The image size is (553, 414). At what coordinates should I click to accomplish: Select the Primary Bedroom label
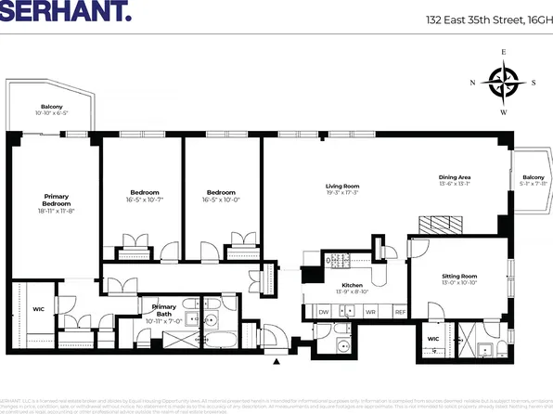57,200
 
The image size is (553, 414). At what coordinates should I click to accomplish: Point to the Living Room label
342,186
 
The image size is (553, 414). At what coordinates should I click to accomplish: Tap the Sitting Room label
458,277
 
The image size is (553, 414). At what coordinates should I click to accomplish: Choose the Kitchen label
352,285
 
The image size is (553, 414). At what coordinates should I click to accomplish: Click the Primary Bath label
163,307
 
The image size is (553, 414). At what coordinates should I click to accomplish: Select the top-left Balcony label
51,106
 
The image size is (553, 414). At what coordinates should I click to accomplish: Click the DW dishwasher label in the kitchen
324,311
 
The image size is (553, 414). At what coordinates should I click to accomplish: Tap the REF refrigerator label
400,311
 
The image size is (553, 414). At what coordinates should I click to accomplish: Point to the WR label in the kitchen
369,311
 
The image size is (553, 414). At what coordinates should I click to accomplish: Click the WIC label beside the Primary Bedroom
38,308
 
